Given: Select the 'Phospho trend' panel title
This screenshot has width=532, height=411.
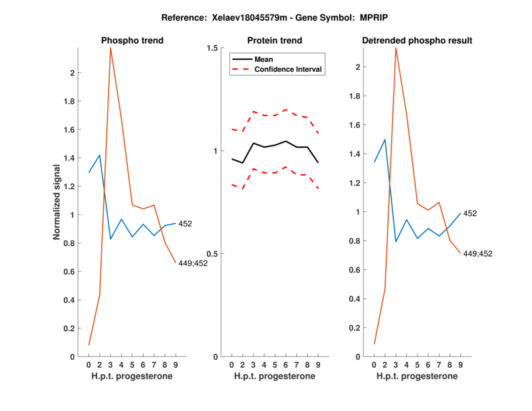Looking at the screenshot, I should tap(132, 41).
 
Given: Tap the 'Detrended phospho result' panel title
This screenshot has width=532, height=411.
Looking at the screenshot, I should tap(417, 41).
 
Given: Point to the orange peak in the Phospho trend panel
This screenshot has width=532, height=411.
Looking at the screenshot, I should tap(110, 48).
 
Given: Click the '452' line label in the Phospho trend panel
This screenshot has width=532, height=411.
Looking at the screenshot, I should tap(185, 224).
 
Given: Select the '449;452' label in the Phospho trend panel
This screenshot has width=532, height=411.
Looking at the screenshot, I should tap(193, 263).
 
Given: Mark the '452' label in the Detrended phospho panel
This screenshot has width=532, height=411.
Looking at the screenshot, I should tap(470, 213).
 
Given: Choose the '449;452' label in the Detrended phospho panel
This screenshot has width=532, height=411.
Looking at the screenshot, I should tap(478, 253).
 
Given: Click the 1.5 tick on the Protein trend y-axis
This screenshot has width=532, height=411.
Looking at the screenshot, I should tap(213, 48).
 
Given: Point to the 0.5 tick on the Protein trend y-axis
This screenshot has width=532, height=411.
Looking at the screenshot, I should tap(213, 254).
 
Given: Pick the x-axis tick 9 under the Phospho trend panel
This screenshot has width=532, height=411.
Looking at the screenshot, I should tap(176, 365).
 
